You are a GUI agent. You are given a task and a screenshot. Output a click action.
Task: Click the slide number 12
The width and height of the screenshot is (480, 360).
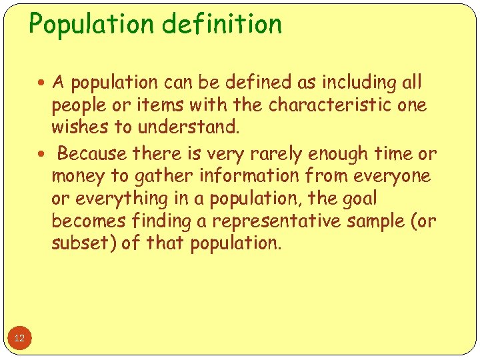pos(19,339)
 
